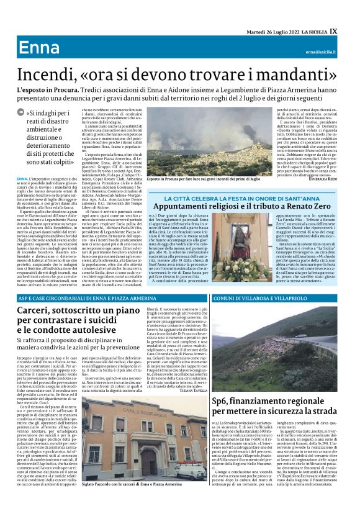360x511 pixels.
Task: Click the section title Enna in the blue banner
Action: (x=39, y=48)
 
